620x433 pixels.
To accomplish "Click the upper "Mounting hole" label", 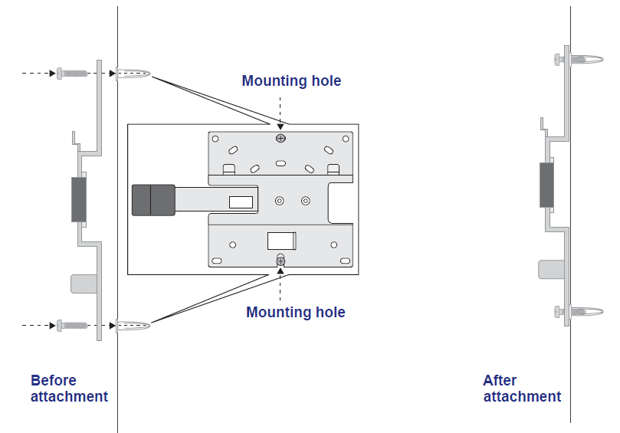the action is [291, 80].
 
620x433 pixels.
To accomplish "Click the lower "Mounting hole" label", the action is [296, 312].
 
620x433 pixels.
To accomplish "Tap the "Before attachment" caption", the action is [69, 389].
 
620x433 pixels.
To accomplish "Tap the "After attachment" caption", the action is [522, 389].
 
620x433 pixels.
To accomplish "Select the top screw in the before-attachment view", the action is [72, 73].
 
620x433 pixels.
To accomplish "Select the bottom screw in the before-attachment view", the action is [72, 326].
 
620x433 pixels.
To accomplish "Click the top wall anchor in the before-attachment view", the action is [133, 74].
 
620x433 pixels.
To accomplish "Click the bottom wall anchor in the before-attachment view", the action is [133, 326].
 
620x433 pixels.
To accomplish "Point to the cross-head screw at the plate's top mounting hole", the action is [280, 138].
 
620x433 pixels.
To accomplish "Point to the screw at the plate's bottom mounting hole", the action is [280, 261].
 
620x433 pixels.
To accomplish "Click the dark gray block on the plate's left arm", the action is [153, 200].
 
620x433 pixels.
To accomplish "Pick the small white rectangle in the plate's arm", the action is [241, 202].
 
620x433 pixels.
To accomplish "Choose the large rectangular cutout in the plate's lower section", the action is [281, 241].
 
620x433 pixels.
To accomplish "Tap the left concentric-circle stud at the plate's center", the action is [280, 201].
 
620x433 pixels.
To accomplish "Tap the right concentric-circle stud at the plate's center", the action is [306, 201].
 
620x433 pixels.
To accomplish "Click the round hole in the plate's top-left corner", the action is [215, 139].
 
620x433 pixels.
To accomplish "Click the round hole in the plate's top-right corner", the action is [346, 139].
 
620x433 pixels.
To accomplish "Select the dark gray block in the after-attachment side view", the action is [546, 185].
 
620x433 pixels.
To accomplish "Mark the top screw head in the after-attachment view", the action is [559, 60].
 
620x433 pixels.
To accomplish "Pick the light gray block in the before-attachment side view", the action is [84, 284].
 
